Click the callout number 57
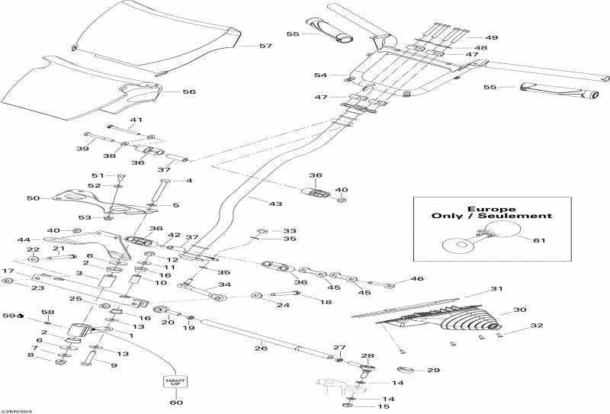tap(265, 47)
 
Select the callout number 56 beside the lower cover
tap(189, 91)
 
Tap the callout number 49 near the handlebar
tap(492, 37)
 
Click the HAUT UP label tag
tap(175, 380)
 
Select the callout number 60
tap(176, 402)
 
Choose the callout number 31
tap(497, 289)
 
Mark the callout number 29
tap(434, 371)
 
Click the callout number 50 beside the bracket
tap(33, 198)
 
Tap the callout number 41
tap(136, 120)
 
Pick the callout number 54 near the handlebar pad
tap(320, 75)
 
